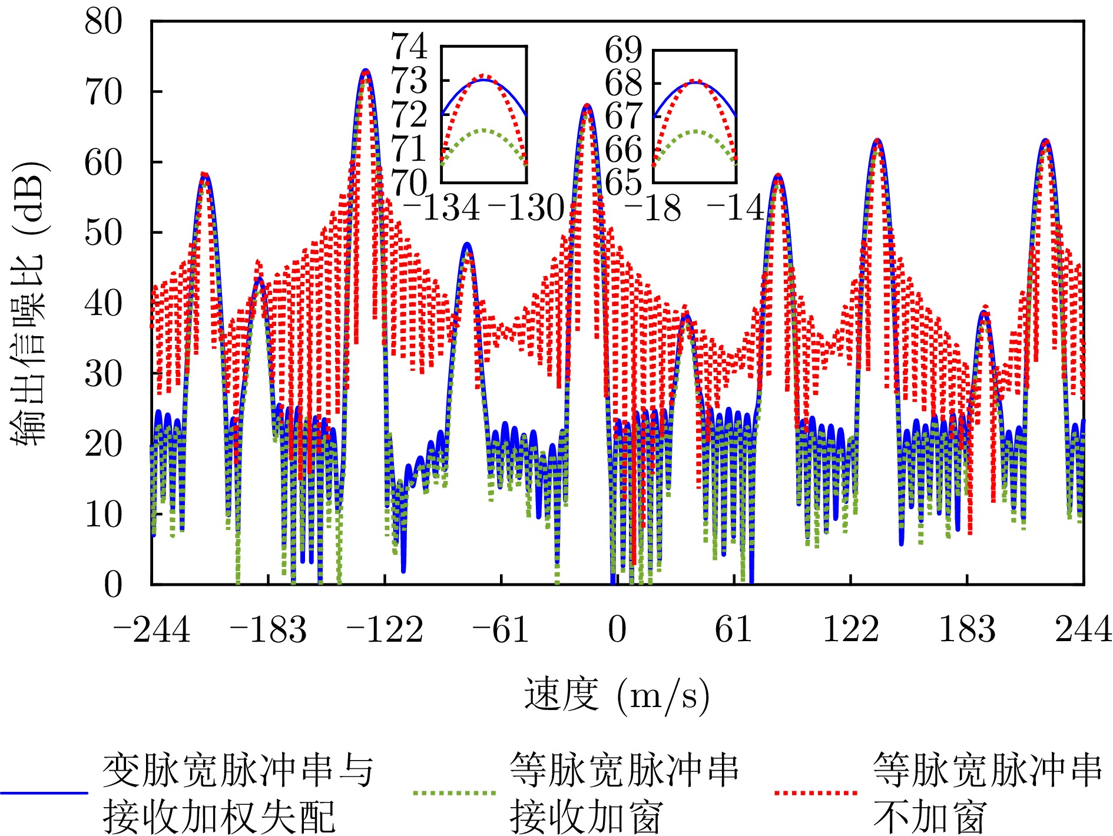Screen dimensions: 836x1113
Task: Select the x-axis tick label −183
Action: [x=268, y=630]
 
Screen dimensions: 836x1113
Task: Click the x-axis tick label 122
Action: [x=850, y=630]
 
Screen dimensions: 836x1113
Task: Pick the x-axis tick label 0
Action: [x=617, y=630]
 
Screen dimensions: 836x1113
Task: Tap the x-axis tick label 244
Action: [x=1082, y=630]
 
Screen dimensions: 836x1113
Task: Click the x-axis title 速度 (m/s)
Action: [x=617, y=696]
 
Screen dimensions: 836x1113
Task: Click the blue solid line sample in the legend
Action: [x=44, y=793]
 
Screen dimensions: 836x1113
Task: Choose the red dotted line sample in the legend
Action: [x=816, y=793]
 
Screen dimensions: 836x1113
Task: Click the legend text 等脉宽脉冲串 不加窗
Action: [x=986, y=793]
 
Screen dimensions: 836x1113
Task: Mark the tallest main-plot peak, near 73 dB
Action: [x=366, y=71]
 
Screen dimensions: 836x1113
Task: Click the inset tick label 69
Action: [x=623, y=49]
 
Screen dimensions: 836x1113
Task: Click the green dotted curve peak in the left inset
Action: [x=484, y=130]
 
